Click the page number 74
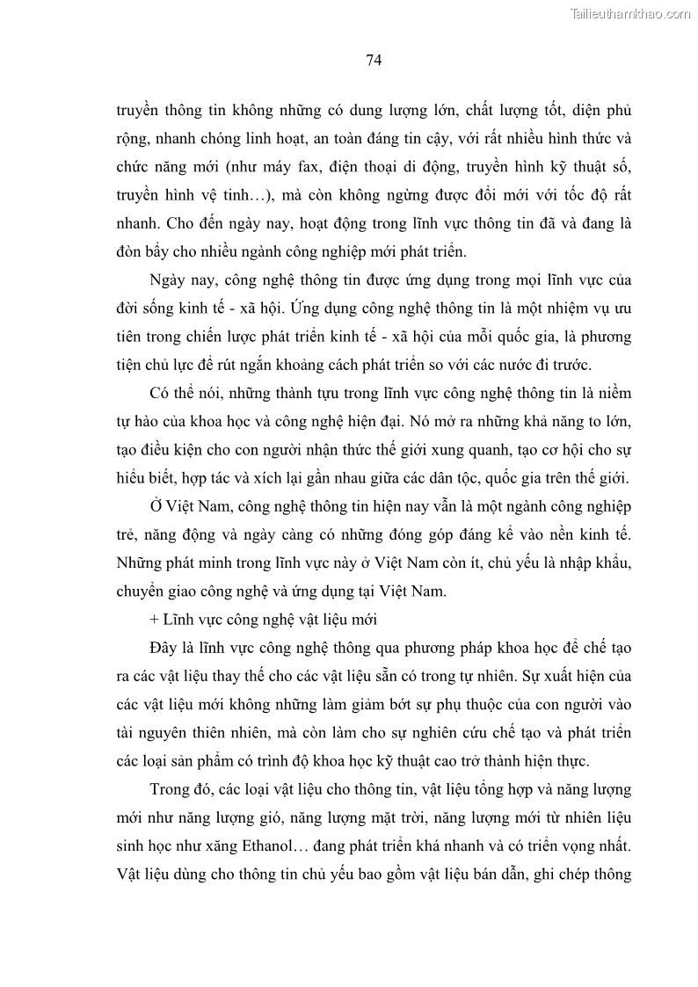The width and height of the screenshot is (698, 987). click(x=372, y=60)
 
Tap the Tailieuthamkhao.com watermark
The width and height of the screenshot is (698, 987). click(x=630, y=13)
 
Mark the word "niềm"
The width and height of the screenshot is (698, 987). click(x=614, y=393)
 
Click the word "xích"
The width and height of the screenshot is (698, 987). click(x=271, y=477)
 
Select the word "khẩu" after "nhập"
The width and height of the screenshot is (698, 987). click(x=612, y=563)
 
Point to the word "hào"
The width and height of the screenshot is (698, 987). click(x=154, y=421)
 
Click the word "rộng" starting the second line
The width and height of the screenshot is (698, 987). click(x=131, y=139)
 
